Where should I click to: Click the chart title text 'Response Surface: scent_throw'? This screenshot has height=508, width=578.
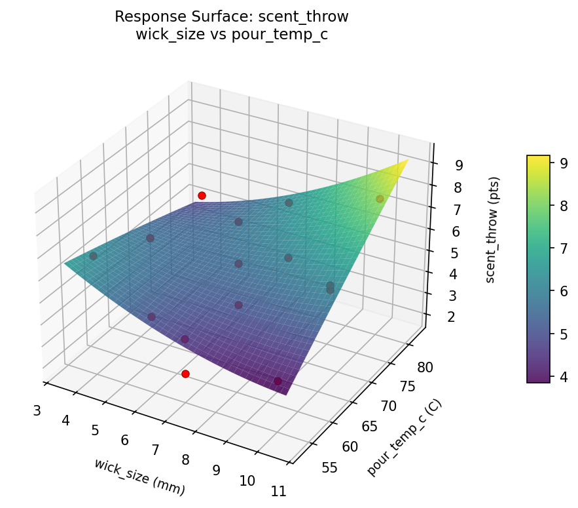[x=231, y=16]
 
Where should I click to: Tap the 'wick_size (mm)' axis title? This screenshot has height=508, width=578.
[x=139, y=477]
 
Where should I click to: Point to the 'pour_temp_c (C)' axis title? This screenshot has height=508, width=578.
[x=404, y=437]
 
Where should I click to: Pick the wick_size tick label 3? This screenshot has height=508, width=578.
[x=37, y=410]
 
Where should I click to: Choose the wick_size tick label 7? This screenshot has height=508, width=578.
[x=156, y=450]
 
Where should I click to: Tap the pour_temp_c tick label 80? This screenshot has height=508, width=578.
[x=425, y=367]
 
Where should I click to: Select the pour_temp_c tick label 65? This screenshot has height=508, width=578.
[x=369, y=427]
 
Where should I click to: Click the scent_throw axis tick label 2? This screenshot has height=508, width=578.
[x=450, y=317]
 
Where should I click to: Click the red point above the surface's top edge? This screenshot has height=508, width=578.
[x=202, y=195]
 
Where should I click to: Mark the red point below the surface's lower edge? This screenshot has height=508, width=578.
[x=185, y=374]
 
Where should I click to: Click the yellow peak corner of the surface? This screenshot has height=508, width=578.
[x=407, y=160]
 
